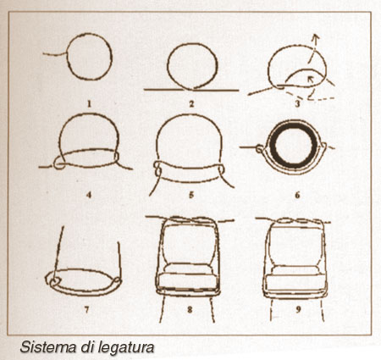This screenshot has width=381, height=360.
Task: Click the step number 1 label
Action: point(89,104)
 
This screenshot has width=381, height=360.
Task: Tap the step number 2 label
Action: point(191,104)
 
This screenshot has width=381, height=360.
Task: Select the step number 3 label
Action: point(297,103)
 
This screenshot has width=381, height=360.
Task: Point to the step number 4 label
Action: point(89,195)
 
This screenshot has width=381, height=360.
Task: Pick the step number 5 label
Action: point(191,195)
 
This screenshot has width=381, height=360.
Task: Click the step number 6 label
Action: point(297,195)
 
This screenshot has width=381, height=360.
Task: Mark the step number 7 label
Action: point(86,310)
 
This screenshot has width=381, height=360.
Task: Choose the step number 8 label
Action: point(190,310)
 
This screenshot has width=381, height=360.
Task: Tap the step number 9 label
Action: point(298,310)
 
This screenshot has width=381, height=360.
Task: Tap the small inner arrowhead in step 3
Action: point(310,79)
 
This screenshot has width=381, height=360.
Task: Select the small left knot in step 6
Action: point(259,148)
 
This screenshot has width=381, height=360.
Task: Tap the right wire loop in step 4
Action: point(116,157)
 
